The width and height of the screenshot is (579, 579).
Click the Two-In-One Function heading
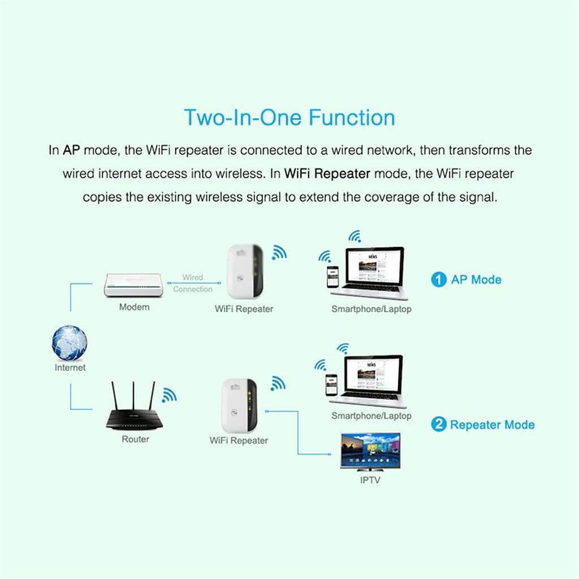point(289,118)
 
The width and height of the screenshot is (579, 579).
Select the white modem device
point(134,285)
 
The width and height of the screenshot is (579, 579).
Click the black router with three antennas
point(135,416)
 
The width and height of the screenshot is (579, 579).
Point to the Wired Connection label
point(193,283)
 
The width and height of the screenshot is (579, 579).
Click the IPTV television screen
point(370,451)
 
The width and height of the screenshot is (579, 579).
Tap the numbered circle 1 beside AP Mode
point(438,279)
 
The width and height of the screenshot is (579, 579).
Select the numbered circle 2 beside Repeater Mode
point(438,425)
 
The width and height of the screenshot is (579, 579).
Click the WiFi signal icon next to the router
point(168,395)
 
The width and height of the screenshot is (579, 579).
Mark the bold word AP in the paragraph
point(71,151)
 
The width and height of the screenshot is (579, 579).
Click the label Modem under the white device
point(134,307)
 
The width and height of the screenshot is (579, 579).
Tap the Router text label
point(136,439)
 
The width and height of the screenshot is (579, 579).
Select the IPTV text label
point(370,480)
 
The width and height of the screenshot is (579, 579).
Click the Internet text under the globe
point(70,368)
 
